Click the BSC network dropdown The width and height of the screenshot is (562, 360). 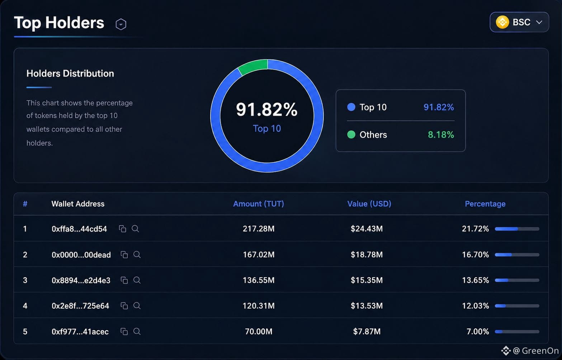point(519,22)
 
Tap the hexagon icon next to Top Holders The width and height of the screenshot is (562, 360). point(121,24)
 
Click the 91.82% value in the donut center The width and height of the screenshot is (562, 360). point(267,110)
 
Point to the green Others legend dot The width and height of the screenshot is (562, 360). point(351,135)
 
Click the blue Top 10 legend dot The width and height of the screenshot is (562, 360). point(351,107)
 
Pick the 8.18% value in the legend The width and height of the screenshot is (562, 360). point(441,135)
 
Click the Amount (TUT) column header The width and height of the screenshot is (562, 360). point(259,204)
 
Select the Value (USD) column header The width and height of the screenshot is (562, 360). point(369,204)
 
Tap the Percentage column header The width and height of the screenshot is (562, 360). point(485,204)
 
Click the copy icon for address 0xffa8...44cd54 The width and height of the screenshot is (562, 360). point(122,229)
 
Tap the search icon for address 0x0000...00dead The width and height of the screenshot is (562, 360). point(137,255)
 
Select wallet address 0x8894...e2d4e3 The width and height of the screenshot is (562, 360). point(81,280)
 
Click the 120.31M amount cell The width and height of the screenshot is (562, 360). point(259,306)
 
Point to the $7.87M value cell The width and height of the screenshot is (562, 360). point(367,331)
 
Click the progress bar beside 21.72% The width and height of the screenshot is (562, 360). point(517,229)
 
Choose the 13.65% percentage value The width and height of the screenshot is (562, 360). point(475,280)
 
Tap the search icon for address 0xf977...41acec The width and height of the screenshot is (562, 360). point(137,331)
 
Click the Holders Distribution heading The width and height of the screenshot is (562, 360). point(70,74)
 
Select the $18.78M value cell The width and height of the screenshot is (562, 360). point(367,255)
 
